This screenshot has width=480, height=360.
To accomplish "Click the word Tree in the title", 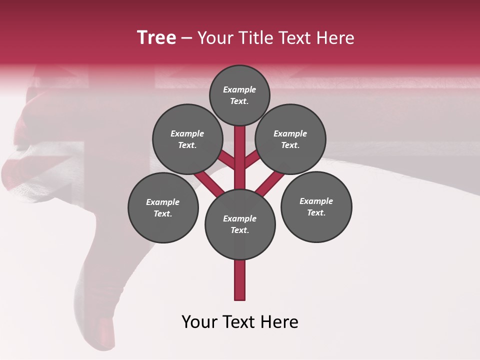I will tap(156, 38).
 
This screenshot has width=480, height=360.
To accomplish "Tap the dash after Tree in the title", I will tap(186, 38).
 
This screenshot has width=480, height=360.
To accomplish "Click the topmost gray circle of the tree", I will tap(239, 95).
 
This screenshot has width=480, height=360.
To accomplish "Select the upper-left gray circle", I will tap(187, 139).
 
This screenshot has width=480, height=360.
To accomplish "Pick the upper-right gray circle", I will tap(290, 139).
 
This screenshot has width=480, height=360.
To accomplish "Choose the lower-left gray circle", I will tap(163, 207).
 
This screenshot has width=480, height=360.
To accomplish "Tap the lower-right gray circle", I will tap(316, 206).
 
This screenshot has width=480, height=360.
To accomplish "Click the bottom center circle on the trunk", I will tap(240, 224).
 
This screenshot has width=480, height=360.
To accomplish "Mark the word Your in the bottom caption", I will tap(199, 322).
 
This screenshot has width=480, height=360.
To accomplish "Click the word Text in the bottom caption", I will tap(240, 322).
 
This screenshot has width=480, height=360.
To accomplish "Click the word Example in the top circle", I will tap(239, 89).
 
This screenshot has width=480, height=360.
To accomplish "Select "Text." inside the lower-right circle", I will tap(316, 212).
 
